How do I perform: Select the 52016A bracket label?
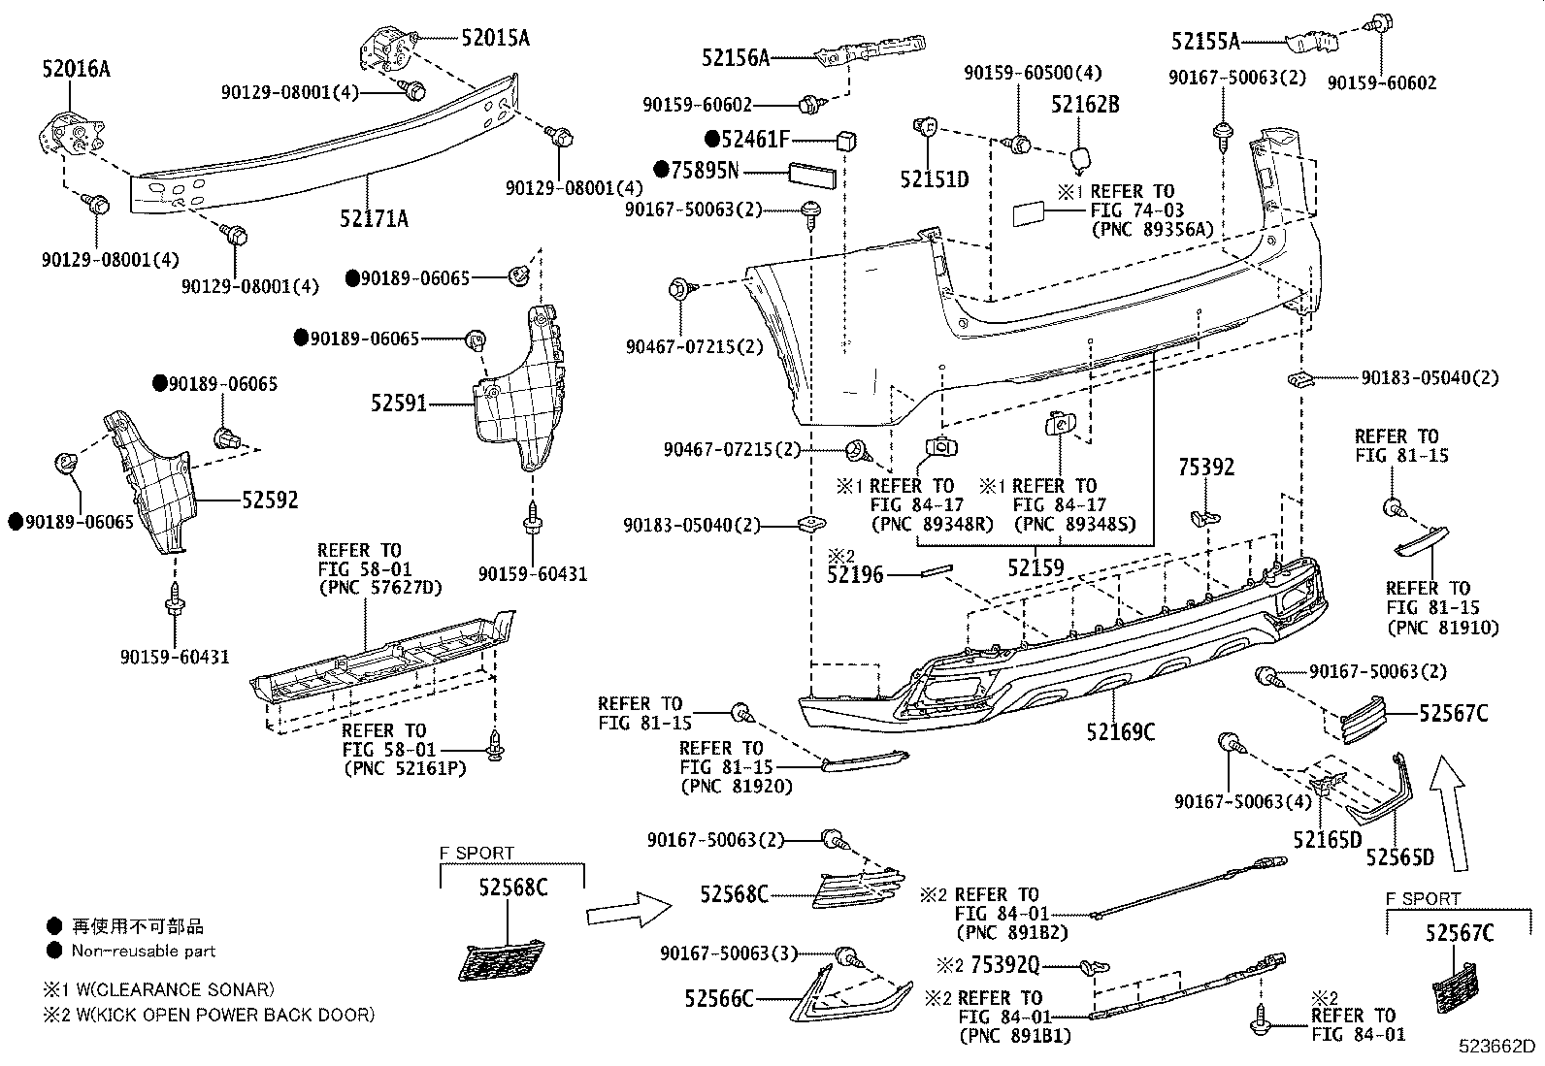click(x=75, y=69)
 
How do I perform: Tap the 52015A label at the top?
click(x=496, y=38)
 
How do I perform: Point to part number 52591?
click(x=398, y=403)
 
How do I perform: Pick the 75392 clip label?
click(x=1206, y=468)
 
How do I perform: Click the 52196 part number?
click(x=855, y=575)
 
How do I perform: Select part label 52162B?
click(x=1085, y=105)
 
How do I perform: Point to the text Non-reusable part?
click(x=144, y=952)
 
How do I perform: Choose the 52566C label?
click(x=718, y=998)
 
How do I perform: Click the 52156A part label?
click(x=735, y=58)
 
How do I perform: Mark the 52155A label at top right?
click(x=1205, y=41)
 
